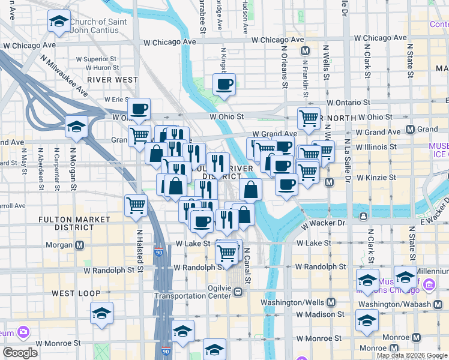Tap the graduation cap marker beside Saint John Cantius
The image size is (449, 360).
pyautogui.click(x=58, y=23)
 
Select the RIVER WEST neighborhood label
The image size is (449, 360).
pyautogui.click(x=112, y=79)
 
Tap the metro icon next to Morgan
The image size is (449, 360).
pyautogui.click(x=79, y=245)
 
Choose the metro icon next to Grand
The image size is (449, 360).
pyautogui.click(x=411, y=129)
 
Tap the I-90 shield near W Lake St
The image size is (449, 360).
pyautogui.click(x=158, y=254)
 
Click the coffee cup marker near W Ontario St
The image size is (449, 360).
pyautogui.click(x=224, y=85)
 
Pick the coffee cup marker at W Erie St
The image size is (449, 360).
pyautogui.click(x=139, y=110)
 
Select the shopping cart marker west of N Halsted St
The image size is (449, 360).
pyautogui.click(x=136, y=206)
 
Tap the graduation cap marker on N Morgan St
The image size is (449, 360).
pyautogui.click(x=77, y=127)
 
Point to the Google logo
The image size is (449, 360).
pyautogui.click(x=20, y=352)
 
